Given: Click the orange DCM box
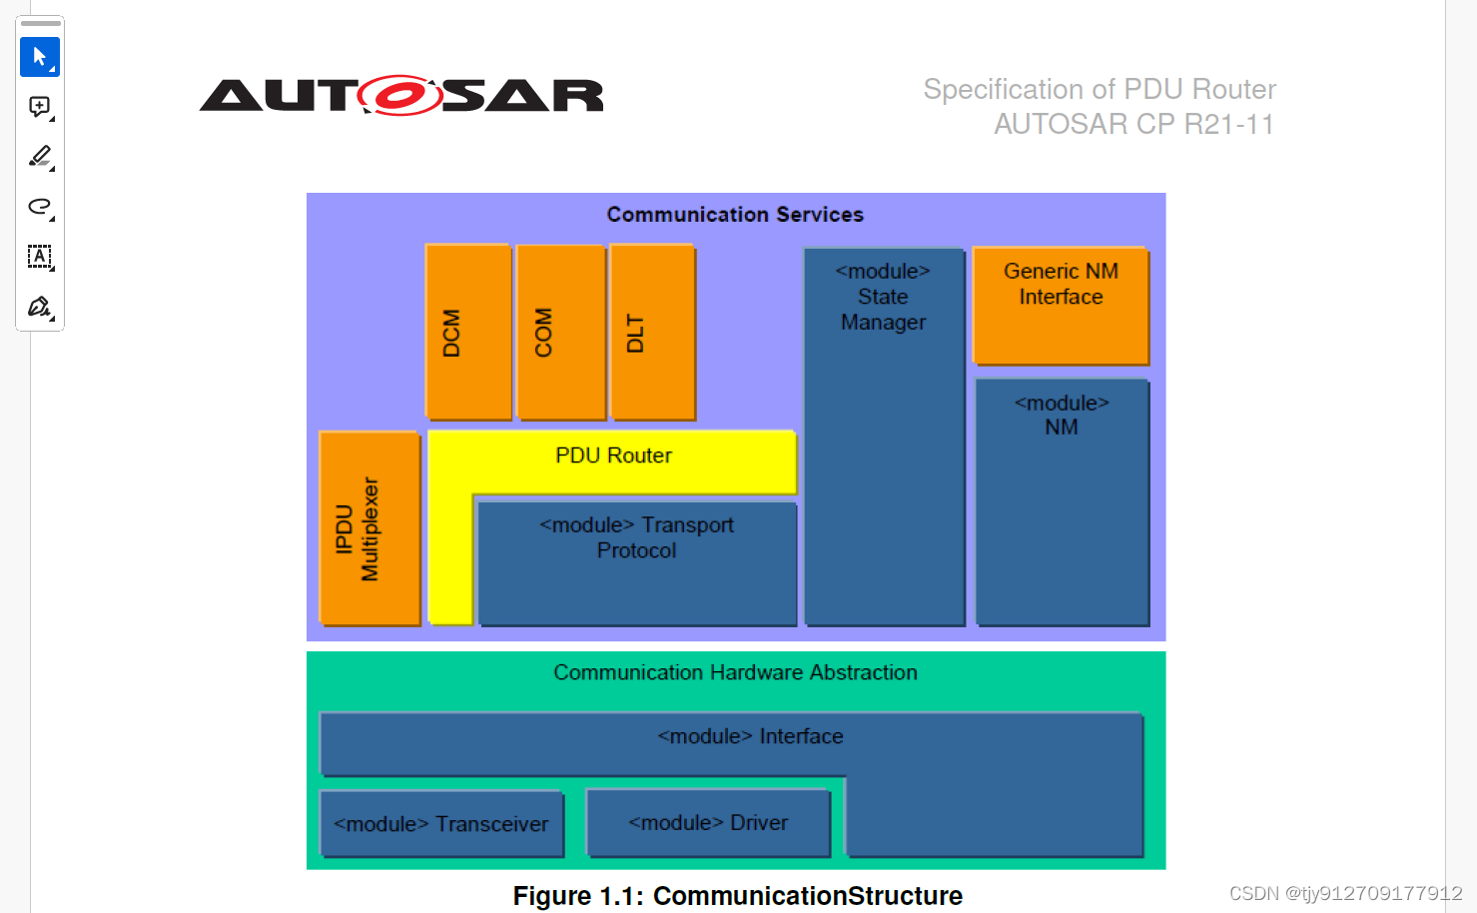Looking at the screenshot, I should click(468, 332).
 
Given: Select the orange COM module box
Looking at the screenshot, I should click(561, 332).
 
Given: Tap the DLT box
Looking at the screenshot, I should click(652, 332).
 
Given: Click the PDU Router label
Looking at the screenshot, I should click(613, 456).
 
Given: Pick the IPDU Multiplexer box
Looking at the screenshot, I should click(369, 528).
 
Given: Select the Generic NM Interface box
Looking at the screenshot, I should click(1061, 305).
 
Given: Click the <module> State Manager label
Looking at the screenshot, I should click(883, 297).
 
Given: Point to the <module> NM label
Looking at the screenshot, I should click(1062, 415).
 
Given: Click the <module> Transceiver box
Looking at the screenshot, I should click(441, 824).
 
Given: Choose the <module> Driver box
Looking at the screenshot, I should click(708, 823).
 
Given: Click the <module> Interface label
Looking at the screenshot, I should click(750, 736).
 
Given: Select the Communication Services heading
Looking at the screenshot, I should click(735, 215).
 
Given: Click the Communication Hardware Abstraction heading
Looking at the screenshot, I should click(735, 672).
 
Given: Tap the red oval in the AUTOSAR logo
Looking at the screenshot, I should click(400, 96).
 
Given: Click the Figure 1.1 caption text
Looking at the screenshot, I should click(737, 895).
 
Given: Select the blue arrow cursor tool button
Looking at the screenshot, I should click(40, 57).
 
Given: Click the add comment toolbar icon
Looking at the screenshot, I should click(40, 107).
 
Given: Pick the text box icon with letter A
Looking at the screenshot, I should click(40, 257).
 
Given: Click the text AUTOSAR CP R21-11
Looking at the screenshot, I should click(1133, 124).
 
